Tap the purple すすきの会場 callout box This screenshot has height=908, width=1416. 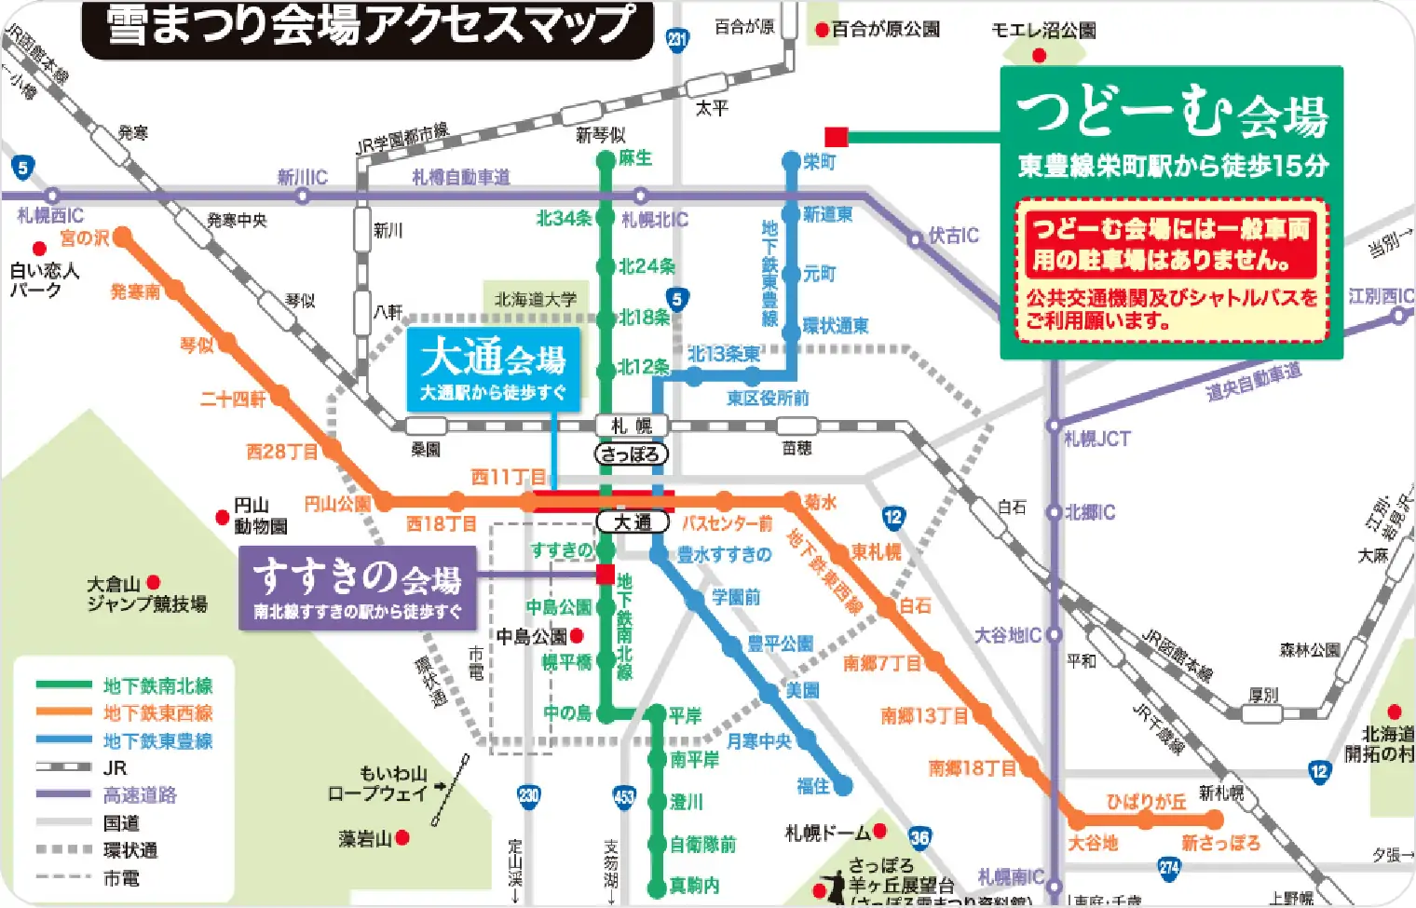coord(358,588)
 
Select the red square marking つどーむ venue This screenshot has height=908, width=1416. coord(836,137)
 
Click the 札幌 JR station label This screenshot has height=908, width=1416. coord(632,427)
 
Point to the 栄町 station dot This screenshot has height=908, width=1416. coord(791,161)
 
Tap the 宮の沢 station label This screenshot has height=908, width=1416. coord(84,238)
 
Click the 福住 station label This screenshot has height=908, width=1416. coord(812,786)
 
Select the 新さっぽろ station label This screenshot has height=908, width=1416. coord(1220,843)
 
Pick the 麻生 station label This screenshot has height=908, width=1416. coord(635,158)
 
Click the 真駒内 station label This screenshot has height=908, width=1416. coord(694,886)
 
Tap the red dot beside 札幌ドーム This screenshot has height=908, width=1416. coord(879,831)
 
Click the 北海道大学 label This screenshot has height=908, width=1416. coord(536,299)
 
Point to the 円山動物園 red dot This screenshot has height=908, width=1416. coord(223,517)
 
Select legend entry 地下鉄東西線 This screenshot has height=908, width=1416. coord(157,713)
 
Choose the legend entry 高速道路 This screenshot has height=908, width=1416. coord(140,795)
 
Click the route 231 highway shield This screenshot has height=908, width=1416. coord(677,38)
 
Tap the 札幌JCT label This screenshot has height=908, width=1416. coord(1096,439)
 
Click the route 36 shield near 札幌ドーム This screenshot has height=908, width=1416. coord(919,837)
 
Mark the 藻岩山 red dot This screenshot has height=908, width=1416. coord(402,838)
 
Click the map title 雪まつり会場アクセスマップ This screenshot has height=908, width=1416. coord(369,25)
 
